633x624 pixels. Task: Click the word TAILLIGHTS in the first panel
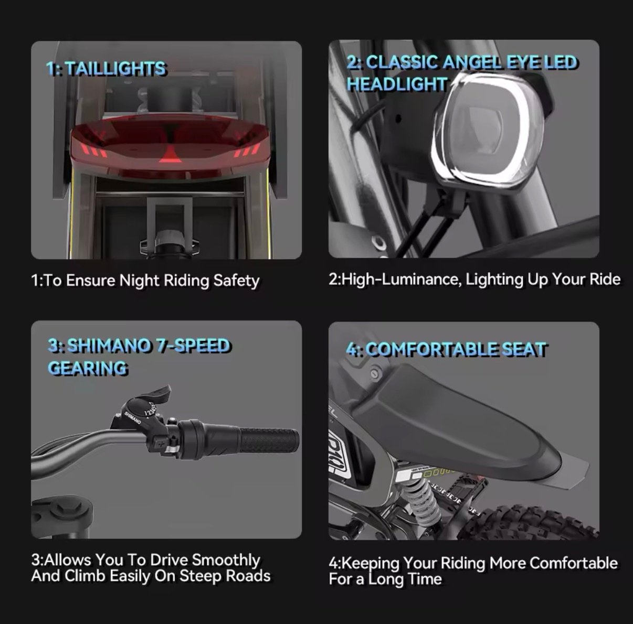coord(116,69)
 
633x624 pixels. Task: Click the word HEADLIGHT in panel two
coord(397,84)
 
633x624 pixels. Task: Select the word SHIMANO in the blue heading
coord(109,346)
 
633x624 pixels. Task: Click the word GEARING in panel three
coord(88,368)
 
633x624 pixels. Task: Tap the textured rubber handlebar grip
coord(269,440)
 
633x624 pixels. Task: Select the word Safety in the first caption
coord(236,281)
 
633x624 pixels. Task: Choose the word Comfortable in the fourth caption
coord(574,563)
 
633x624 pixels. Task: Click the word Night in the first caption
coord(139,281)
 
